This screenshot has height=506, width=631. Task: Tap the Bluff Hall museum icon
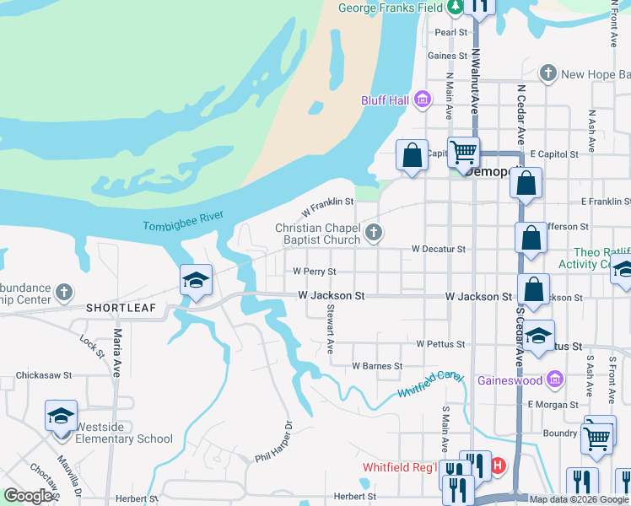pos(423,101)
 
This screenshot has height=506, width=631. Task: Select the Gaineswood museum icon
pos(554,379)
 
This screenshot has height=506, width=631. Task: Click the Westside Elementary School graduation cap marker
pos(61,416)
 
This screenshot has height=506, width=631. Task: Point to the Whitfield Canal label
pos(432,383)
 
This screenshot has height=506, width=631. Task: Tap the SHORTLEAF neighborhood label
pos(121,308)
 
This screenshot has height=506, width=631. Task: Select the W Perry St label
pos(315,272)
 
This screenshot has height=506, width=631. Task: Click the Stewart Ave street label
pos(331,329)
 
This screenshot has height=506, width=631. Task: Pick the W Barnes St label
pos(377,366)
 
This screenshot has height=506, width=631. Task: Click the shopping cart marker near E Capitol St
pos(463,153)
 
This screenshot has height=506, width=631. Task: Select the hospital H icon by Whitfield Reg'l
pos(498,465)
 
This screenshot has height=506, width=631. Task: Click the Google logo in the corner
pos(28,496)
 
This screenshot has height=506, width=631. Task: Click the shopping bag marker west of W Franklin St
pos(412,156)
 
